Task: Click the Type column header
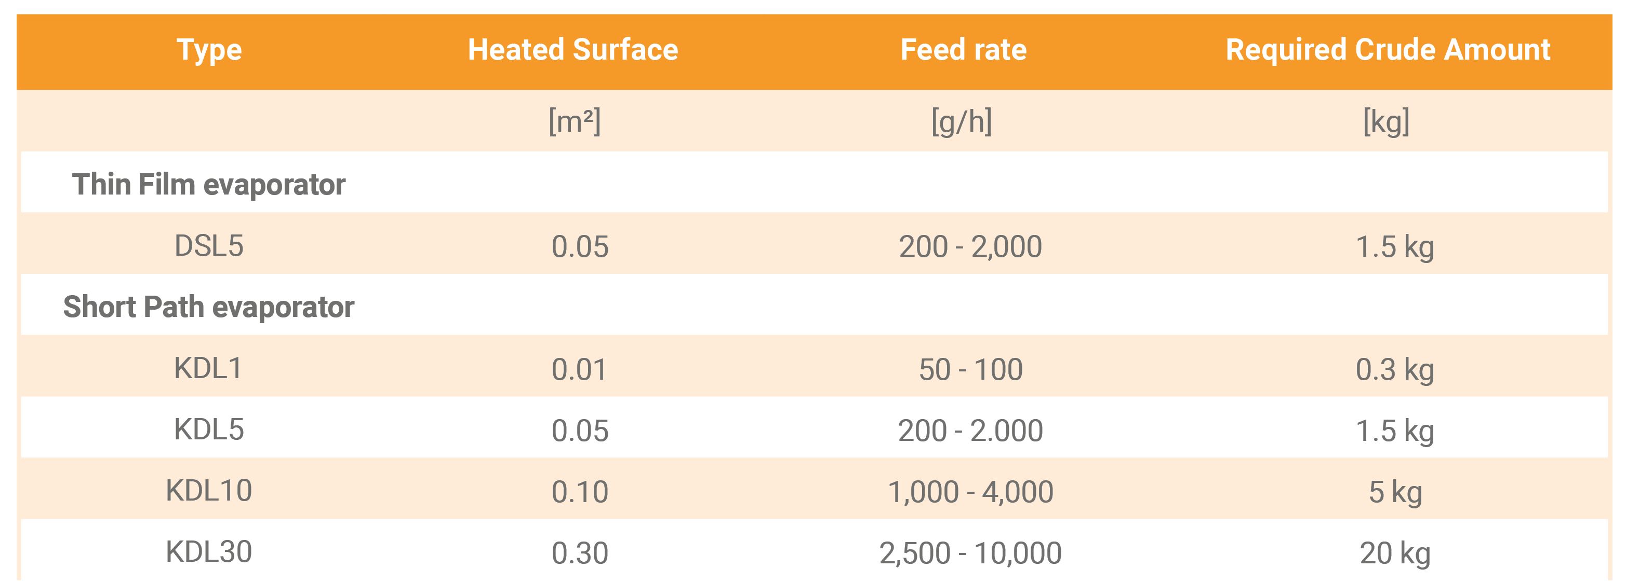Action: click(209, 50)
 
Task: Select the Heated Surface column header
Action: click(572, 50)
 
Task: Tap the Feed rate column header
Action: click(963, 50)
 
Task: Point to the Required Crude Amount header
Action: click(1388, 50)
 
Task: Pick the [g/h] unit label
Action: click(962, 121)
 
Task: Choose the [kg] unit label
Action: click(1386, 121)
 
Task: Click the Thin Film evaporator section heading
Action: click(208, 185)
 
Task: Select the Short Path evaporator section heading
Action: click(208, 307)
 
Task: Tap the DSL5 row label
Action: click(208, 246)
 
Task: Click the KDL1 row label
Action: click(208, 368)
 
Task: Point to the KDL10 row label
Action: click(208, 491)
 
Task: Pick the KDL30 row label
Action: click(208, 552)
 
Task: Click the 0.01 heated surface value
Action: click(579, 369)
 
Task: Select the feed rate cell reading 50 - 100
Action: click(970, 369)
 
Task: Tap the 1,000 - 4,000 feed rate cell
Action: click(970, 492)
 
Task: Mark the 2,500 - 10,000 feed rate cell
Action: click(970, 553)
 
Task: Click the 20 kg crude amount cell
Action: click(1395, 553)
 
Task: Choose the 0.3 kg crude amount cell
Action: click(1395, 369)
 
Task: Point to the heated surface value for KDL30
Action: click(579, 553)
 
